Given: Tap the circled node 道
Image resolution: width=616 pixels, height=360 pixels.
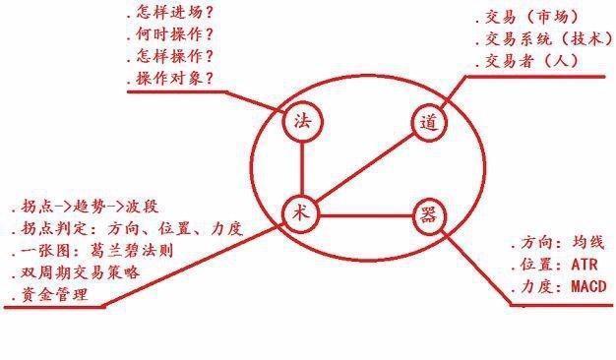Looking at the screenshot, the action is pos(427,124).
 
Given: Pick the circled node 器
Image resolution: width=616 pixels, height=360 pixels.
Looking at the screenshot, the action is pos(427,214).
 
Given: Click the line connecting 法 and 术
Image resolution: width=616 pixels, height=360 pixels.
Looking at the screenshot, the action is pos(302,167).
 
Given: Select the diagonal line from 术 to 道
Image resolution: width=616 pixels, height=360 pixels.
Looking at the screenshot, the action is pos(363,168).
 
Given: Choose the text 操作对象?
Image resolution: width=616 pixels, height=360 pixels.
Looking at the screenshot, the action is pos(172,79).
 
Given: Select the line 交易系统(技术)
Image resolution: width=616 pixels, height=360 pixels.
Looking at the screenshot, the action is pos(542,39).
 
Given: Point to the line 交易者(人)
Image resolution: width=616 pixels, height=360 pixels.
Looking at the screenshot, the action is pos(526,61).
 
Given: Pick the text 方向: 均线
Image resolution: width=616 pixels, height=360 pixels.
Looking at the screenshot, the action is pos(556,242).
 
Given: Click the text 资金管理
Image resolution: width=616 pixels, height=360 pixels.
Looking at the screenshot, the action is pos(49,294).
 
